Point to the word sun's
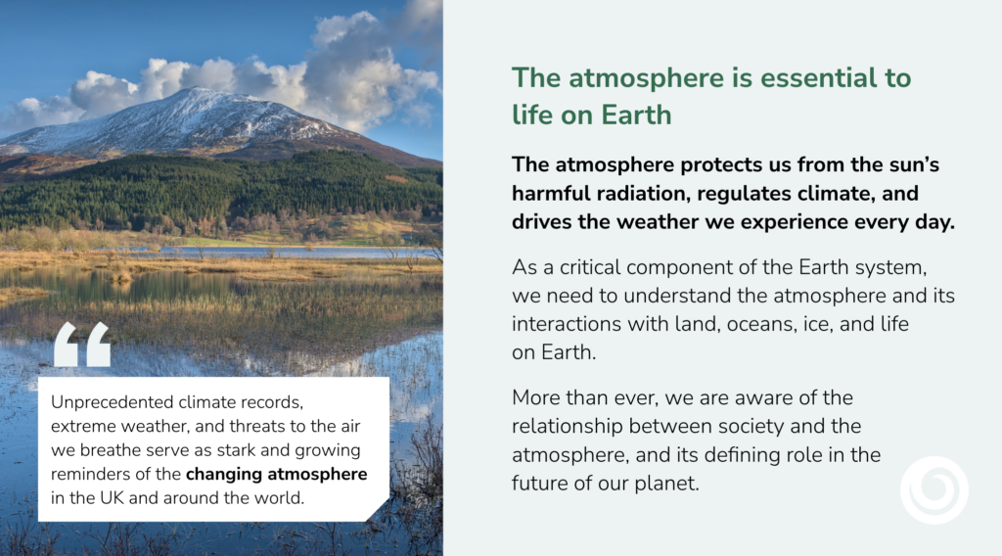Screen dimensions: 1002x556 (x=914, y=164)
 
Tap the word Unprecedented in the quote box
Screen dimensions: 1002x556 (x=113, y=402)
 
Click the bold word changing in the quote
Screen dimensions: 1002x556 (x=224, y=474)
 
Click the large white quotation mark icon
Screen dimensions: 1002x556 (x=82, y=345)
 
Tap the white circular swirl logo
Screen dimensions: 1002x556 (x=934, y=490)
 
